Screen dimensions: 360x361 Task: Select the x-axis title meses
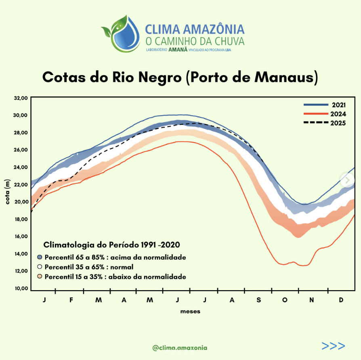190,312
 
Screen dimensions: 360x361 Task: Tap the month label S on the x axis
258,300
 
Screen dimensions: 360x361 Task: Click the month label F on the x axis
71,300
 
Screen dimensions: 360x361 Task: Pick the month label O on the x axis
285,300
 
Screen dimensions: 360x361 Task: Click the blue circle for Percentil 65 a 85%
40,257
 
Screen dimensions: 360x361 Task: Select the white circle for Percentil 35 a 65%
40,267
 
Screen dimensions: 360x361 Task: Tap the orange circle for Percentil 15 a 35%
40,277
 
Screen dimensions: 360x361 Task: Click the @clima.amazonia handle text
180,347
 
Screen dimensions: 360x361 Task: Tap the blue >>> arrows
333,346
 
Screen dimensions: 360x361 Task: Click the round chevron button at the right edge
347,180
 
